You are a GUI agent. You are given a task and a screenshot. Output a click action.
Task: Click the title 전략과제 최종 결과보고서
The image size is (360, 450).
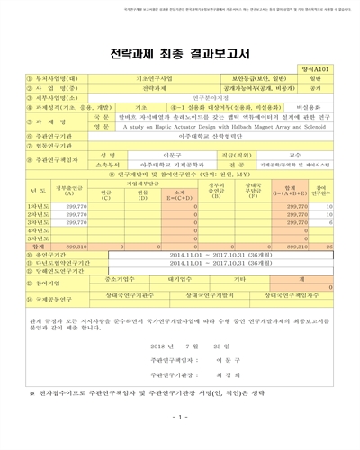[180, 43]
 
